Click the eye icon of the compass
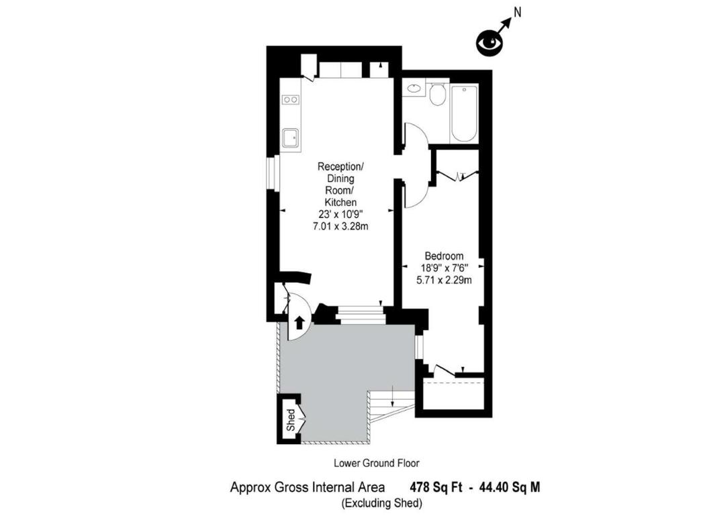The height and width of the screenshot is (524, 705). coord(489,43)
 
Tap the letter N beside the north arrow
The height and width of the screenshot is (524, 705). coord(518,12)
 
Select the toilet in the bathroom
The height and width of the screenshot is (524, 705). coord(437,93)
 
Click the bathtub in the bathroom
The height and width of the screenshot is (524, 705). coord(464,113)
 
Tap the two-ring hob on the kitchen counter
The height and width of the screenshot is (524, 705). coord(290,99)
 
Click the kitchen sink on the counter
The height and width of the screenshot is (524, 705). coord(290,138)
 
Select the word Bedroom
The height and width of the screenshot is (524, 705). coord(444,256)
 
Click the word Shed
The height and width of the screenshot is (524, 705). coord(291,420)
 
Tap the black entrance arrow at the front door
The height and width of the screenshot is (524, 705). coord(299,323)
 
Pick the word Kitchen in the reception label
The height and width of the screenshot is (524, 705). coord(341,202)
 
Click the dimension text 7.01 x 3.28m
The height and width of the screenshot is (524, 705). coord(340,226)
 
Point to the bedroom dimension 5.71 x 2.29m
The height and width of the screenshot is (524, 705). coord(444,280)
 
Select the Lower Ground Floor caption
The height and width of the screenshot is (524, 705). coord(376,463)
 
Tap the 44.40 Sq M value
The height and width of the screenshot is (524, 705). coord(510,487)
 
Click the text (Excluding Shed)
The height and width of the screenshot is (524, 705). coord(382,503)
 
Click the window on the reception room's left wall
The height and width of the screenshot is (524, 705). coord(273,173)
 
